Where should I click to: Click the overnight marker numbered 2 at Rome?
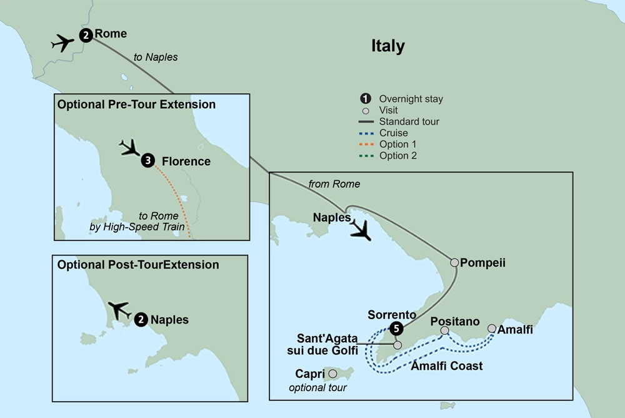(86, 36)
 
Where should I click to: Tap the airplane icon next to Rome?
(62, 43)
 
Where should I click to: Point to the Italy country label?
(387, 46)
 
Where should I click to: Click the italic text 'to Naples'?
(156, 57)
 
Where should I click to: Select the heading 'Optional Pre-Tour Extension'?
(136, 104)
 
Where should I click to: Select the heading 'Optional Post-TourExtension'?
(138, 265)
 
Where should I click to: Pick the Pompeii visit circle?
(454, 263)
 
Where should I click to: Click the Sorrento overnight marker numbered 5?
(395, 328)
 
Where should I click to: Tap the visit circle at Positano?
(444, 330)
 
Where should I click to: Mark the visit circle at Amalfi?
(491, 329)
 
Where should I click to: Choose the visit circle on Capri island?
(332, 374)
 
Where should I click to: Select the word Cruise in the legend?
(393, 133)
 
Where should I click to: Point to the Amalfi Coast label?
(446, 366)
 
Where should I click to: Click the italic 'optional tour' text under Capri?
(317, 388)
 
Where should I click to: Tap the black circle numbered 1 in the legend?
(365, 99)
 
